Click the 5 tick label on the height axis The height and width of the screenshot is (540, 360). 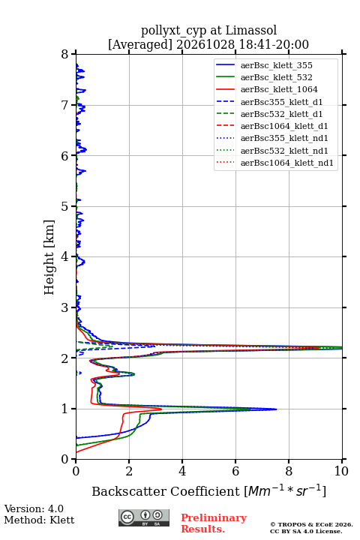coord(65,206)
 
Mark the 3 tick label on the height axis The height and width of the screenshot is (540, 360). coord(65,307)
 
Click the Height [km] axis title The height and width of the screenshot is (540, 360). coord(49,257)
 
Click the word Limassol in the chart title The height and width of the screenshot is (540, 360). coord(251,30)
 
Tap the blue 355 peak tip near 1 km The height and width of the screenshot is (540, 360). coord(276,409)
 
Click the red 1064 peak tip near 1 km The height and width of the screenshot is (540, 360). coord(161,409)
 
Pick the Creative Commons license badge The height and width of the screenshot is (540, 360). coord(144,517)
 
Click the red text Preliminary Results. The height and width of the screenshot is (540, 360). coord(214,523)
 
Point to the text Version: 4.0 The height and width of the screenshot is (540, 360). coord(34,508)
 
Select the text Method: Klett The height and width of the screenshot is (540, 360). coord(39,520)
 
